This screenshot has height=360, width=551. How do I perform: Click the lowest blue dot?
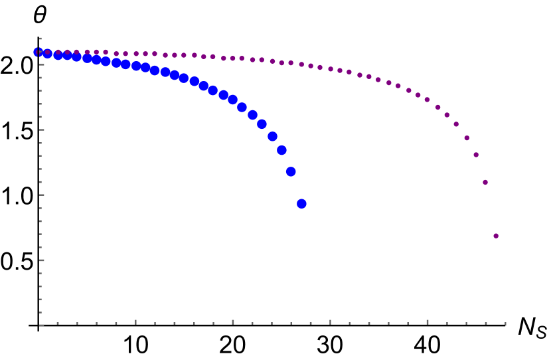(x=301, y=204)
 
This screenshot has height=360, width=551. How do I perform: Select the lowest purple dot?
(x=496, y=236)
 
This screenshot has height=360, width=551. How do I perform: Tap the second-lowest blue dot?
(x=291, y=172)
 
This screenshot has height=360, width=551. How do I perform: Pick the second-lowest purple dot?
(x=485, y=182)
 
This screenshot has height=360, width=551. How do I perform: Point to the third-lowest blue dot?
(x=281, y=151)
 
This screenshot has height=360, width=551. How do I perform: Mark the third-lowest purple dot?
(x=476, y=155)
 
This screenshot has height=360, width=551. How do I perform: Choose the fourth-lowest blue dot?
(x=272, y=137)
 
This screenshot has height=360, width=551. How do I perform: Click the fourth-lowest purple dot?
(x=467, y=138)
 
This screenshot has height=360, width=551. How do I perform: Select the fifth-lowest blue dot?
(x=262, y=124)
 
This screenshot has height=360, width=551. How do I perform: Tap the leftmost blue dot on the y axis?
(x=39, y=52)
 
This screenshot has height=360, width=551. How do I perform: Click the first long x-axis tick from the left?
(x=135, y=322)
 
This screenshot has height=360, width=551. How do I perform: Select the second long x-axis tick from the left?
(x=233, y=322)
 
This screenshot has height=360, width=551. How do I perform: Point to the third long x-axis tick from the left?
(x=330, y=322)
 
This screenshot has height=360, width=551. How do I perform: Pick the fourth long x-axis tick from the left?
(x=427, y=322)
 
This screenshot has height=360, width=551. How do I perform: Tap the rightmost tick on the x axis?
(x=505, y=324)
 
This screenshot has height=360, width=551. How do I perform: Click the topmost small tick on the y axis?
(x=40, y=39)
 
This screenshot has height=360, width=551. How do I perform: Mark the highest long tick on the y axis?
(x=42, y=64)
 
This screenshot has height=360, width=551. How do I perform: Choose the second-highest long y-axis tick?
(x=42, y=130)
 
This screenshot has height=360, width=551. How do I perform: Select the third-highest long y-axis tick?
(x=42, y=195)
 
